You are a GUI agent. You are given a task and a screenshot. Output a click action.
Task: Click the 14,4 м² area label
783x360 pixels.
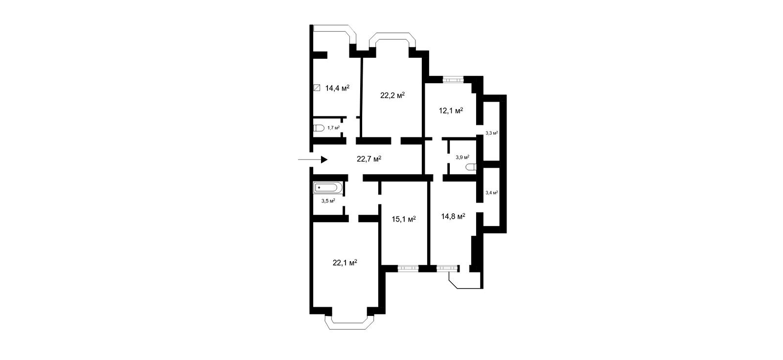tap(337, 88)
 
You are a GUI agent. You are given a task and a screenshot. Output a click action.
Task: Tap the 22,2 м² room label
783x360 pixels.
tap(392, 95)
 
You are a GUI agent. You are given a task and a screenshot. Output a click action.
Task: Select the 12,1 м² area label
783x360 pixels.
tap(451, 111)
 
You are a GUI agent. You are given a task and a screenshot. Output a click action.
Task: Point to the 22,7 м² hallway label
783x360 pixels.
tap(369, 159)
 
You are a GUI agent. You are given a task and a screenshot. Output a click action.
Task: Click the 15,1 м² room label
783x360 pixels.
tap(404, 219)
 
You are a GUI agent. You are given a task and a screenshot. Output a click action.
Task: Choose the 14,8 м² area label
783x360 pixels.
tap(453, 216)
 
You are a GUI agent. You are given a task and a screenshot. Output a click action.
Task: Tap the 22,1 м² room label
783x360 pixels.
tap(345, 263)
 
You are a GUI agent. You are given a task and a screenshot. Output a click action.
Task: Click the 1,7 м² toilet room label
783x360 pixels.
tap(333, 128)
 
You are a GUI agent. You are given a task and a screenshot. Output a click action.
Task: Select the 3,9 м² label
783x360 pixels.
tap(462, 157)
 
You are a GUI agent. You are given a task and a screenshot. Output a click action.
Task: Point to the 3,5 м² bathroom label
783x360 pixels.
tap(328, 201)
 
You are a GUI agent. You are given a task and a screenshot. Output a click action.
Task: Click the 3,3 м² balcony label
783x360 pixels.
tap(492, 133)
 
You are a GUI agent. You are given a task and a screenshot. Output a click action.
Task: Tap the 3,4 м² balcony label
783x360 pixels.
tap(492, 192)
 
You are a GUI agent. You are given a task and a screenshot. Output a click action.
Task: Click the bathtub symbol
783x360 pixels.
tap(328, 188)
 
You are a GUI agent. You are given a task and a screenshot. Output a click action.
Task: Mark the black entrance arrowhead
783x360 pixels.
tap(324, 160)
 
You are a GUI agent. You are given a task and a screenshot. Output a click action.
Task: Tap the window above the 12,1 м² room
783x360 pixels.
tap(454, 79)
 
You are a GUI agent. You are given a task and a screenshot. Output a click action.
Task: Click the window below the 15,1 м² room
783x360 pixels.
tap(408, 269)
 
